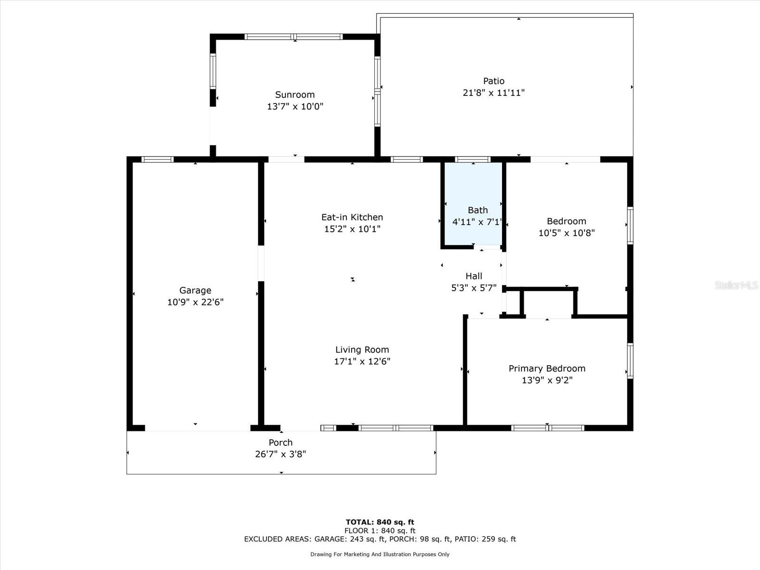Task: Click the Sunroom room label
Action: click(294, 95)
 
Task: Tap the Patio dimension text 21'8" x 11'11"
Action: click(494, 93)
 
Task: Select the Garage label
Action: click(195, 290)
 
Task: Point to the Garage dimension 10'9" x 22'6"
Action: click(195, 302)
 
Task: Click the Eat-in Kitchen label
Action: click(352, 217)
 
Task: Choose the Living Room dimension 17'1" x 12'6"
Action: click(362, 361)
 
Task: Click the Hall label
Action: click(474, 276)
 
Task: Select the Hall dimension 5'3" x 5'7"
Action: click(474, 288)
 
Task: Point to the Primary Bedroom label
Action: click(547, 369)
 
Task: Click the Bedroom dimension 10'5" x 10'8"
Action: click(567, 233)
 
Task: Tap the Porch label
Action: click(280, 442)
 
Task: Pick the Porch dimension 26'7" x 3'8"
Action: click(280, 454)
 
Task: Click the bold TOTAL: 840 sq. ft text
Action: click(380, 522)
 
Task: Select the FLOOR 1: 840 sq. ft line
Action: click(380, 531)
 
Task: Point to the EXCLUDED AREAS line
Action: click(380, 539)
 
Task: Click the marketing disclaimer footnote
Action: click(380, 554)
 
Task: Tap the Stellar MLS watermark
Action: click(736, 285)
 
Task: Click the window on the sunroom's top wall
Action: click(294, 37)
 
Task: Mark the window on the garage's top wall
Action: click(158, 160)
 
